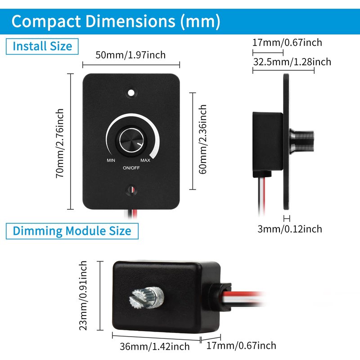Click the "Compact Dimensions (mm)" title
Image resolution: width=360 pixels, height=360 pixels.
(116, 21)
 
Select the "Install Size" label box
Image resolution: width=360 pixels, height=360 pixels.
(42, 46)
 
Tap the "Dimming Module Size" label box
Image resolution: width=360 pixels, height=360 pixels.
(72, 231)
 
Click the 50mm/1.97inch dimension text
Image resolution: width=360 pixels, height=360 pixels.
(130, 55)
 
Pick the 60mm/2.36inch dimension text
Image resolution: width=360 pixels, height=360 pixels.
(203, 139)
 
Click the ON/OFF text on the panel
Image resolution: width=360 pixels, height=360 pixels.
(131, 168)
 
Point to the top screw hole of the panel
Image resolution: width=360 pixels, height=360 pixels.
(131, 93)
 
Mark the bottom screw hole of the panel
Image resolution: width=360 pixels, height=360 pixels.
(131, 190)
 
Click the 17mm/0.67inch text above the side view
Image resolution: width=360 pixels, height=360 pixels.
(287, 43)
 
